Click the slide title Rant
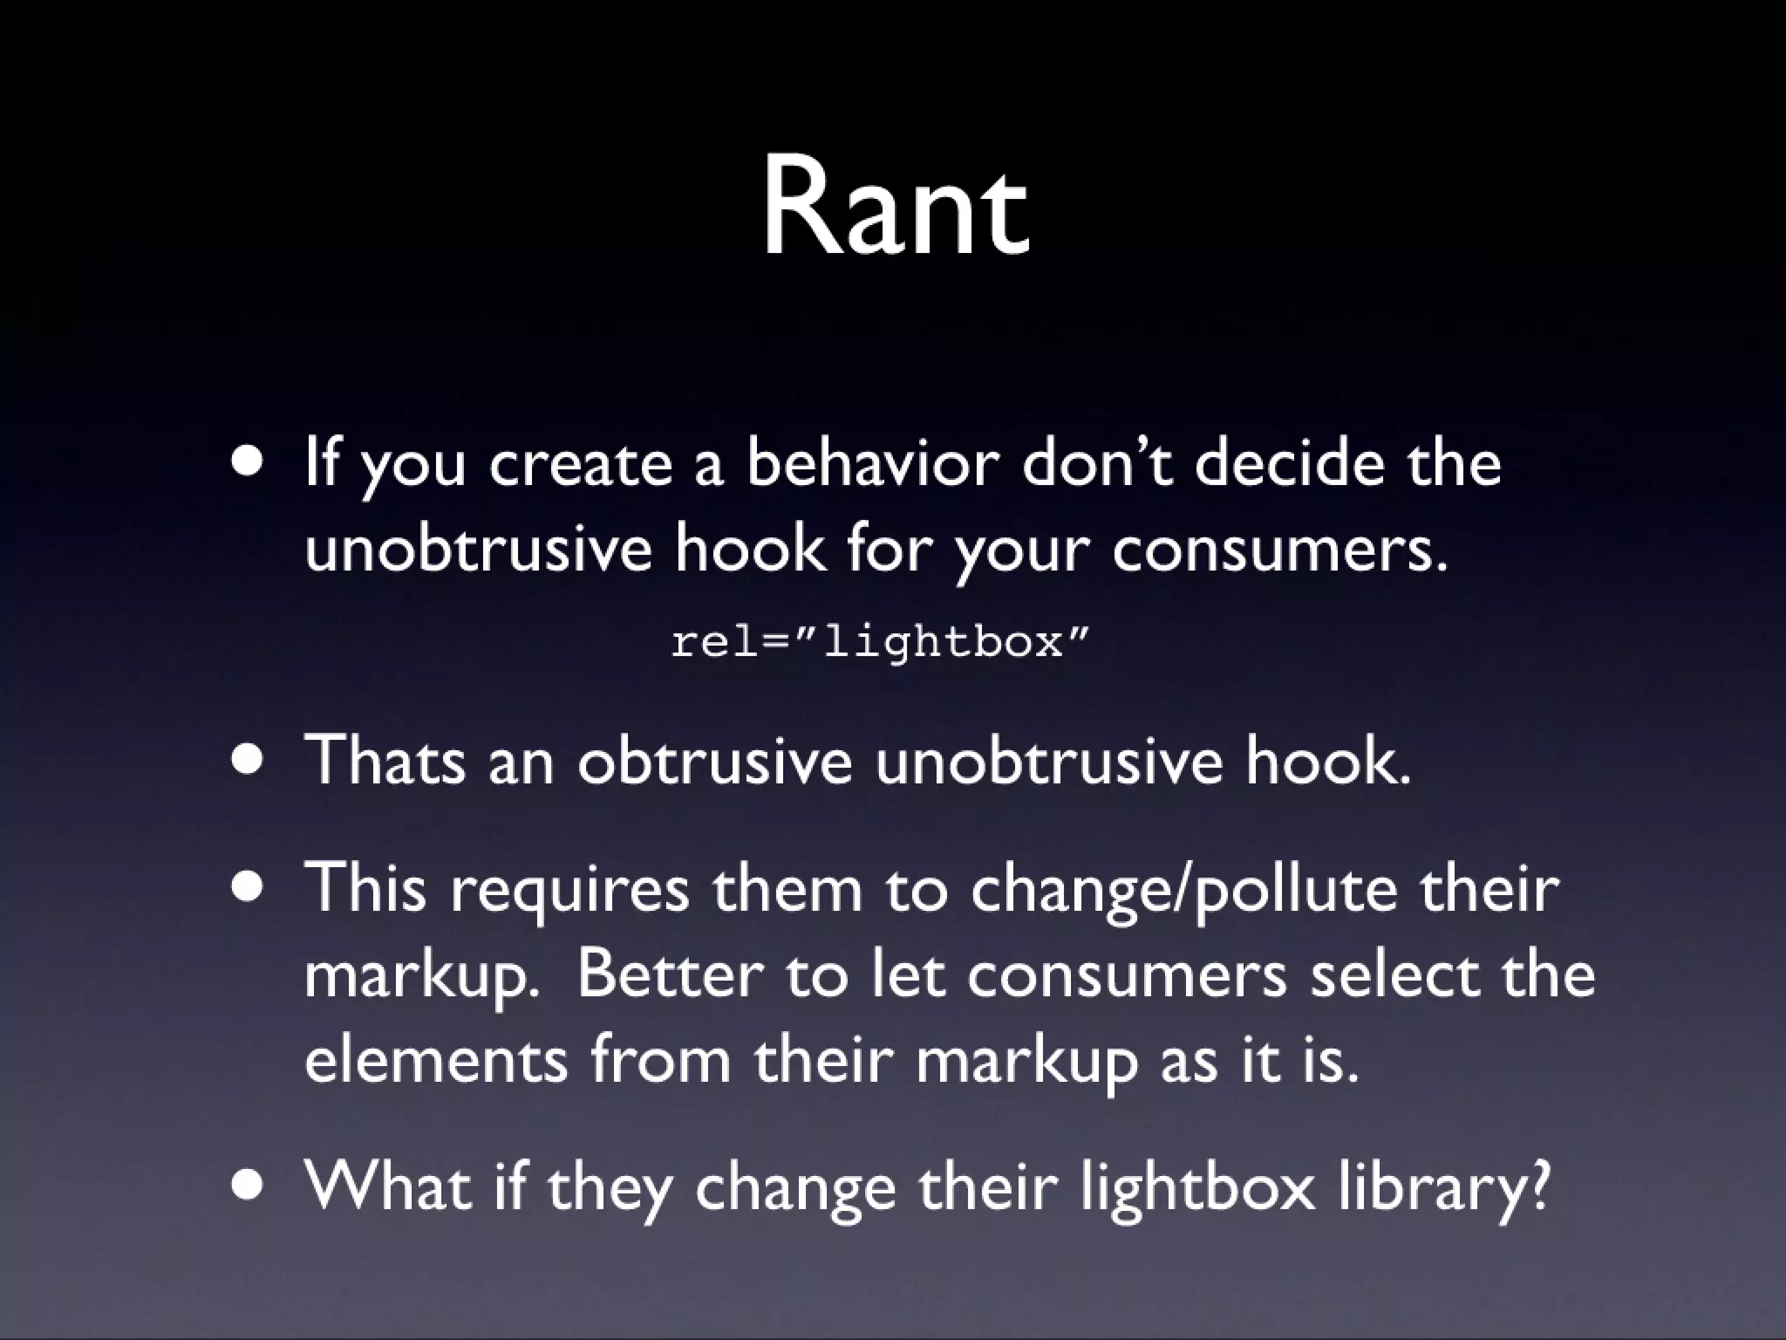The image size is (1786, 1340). (x=895, y=209)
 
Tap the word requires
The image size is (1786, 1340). (x=569, y=888)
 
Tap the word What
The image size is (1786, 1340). (x=388, y=1187)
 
